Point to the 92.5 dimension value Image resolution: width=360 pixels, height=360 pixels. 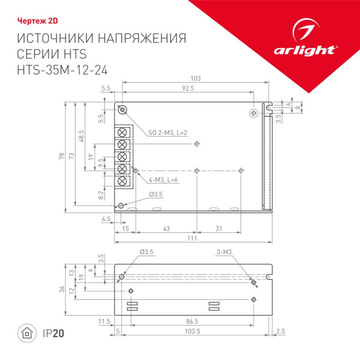point(188,89)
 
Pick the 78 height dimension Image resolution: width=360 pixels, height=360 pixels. point(61,157)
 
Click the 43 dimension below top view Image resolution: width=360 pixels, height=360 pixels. point(166,229)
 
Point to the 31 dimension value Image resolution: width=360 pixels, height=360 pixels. point(219,229)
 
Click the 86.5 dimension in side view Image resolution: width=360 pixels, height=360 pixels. point(193,322)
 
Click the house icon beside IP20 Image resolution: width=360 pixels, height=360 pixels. point(26,333)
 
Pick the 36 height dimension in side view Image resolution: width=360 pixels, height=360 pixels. point(61,289)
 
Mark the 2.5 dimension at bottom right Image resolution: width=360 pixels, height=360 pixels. point(281,331)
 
